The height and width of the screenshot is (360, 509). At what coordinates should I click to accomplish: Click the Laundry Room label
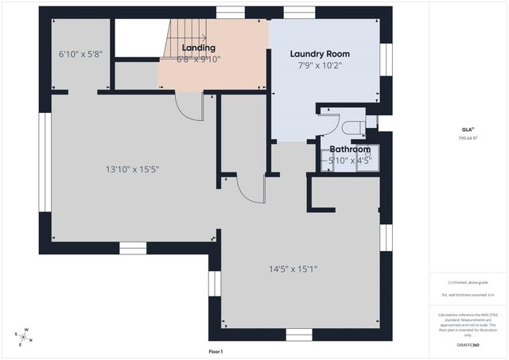click(319, 54)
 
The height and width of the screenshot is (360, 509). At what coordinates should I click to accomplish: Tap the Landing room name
click(188, 48)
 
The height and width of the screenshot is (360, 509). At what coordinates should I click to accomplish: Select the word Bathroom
click(350, 149)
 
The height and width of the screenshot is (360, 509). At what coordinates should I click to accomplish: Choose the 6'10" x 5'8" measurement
click(80, 55)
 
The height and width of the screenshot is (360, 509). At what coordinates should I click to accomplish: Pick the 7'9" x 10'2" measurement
click(319, 67)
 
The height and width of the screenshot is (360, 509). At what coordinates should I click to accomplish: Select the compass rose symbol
click(25, 337)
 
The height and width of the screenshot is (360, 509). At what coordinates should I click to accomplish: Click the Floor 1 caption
click(216, 351)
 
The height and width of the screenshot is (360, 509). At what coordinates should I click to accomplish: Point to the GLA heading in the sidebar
click(468, 129)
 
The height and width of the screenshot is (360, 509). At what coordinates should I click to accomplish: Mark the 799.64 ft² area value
click(468, 137)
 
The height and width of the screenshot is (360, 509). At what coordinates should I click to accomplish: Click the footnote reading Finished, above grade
click(468, 282)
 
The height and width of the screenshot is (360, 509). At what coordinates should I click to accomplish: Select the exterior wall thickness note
click(468, 295)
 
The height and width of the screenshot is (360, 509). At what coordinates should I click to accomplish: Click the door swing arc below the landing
click(189, 107)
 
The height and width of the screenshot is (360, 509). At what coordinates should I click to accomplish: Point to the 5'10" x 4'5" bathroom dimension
click(350, 161)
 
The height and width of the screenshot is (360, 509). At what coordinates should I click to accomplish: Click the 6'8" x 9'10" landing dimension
click(188, 59)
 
